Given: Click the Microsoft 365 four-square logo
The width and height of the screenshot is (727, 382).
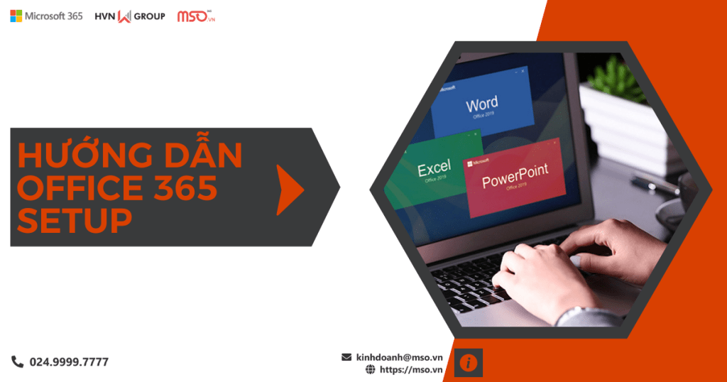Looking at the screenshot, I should [16, 16].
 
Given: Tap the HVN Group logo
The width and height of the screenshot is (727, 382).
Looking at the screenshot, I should [129, 16].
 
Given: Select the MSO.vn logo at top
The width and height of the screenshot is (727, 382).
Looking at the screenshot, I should [195, 16].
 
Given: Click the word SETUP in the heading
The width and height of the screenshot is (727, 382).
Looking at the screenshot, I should [75, 219].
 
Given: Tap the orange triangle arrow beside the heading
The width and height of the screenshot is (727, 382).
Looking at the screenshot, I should [289, 188].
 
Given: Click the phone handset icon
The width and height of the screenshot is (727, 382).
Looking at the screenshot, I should [17, 361].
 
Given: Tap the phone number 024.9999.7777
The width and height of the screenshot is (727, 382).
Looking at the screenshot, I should [69, 362].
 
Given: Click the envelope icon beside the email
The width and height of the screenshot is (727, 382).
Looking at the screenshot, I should [346, 357].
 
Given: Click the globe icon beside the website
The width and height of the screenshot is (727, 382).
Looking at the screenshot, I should [370, 370].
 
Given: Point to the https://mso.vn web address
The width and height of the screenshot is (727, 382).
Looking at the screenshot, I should [411, 370].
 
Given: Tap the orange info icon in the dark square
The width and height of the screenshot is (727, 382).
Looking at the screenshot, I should [469, 362].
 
